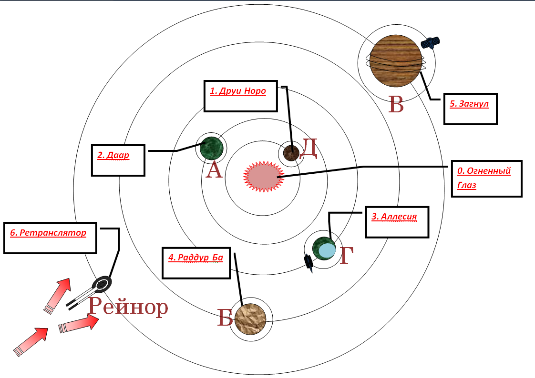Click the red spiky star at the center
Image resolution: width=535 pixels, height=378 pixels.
click(263, 177)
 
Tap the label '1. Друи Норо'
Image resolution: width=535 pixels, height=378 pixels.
click(238, 91)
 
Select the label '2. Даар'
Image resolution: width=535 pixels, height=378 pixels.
click(113, 155)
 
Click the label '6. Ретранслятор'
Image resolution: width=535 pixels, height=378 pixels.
click(48, 233)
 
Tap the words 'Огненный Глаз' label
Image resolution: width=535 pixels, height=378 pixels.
click(484, 178)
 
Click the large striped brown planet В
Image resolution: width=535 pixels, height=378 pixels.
click(396, 60)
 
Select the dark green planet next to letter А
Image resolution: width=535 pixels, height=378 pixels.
click(211, 148)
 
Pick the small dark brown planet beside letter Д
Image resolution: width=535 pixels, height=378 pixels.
click(291, 152)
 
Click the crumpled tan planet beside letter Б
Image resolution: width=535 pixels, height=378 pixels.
click(250, 319)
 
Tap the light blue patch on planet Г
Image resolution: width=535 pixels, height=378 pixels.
click(327, 251)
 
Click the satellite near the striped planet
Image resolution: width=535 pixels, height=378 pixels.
click(430, 42)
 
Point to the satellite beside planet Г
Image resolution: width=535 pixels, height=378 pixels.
click(309, 263)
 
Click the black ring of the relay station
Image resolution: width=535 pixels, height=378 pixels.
click(103, 283)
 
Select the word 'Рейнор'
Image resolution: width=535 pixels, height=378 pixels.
click(128, 306)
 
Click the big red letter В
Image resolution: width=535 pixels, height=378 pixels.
click(396, 104)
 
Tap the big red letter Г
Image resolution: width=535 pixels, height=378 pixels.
click(347, 255)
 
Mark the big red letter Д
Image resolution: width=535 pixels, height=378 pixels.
click(309, 149)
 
